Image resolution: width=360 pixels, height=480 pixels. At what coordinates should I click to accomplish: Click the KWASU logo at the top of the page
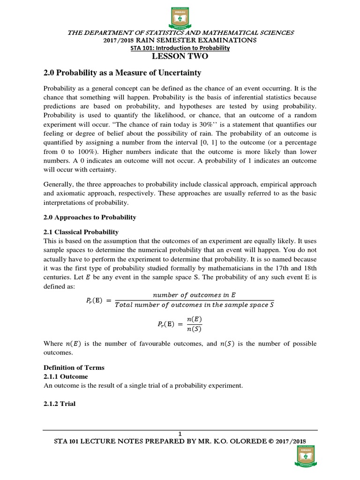tap(180, 16)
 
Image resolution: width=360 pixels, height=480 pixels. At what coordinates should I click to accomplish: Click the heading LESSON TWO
tap(180, 57)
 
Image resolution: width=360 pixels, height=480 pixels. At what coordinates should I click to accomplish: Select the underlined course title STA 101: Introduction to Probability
tap(180, 48)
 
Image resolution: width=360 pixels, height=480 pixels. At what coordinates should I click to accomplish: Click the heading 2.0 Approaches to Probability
tap(90, 217)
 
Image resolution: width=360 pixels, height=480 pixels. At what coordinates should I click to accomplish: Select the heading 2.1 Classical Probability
tap(81, 232)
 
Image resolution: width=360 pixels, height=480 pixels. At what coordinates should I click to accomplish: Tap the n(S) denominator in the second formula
tap(195, 328)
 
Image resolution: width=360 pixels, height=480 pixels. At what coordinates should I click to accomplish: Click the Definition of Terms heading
tap(74, 367)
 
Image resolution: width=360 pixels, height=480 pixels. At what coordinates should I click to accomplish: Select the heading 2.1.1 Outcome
tap(66, 376)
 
